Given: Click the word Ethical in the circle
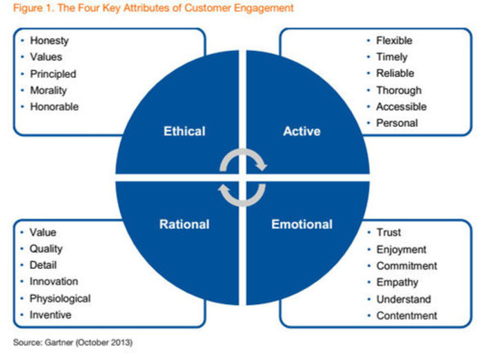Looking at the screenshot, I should point(184,131).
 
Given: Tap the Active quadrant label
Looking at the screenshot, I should point(302,131).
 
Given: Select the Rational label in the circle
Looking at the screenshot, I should point(184,224).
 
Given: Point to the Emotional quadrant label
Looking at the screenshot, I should point(302,224).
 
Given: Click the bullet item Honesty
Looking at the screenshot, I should point(49,41).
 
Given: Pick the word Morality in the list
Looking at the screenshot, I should point(49,90).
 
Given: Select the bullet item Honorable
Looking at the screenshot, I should point(54,107).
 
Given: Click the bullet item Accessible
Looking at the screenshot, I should point(401,107).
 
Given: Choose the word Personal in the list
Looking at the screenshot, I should point(397,123).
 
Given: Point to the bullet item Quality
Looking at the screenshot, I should point(46,249).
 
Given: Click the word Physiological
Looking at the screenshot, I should point(59,299).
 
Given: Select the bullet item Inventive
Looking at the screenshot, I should point(50,315).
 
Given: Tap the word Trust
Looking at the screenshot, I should point(389,232).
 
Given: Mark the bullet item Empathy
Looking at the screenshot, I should point(397,282).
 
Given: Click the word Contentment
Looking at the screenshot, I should point(406,315).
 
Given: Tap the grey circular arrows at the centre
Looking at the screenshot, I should point(243,177).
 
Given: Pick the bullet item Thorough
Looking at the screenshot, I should point(398,90).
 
